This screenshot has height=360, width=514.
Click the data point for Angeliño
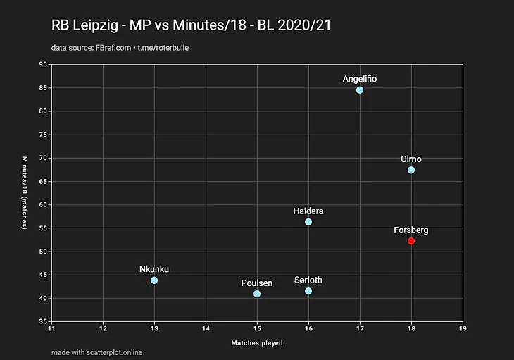[360, 90]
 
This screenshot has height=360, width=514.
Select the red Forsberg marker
[411, 241]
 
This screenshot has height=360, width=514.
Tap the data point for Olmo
[411, 170]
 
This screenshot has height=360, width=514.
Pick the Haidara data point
[308, 222]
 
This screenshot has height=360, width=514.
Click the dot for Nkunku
[154, 280]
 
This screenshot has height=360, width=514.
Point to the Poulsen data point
[257, 294]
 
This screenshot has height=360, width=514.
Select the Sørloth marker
[308, 291]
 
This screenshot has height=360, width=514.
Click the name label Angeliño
[360, 79]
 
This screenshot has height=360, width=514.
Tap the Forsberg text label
[411, 230]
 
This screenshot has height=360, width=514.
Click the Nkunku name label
[154, 269]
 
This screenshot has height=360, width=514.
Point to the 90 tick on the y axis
[44, 65]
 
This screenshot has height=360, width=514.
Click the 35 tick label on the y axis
[44, 322]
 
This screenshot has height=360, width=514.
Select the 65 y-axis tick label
[44, 182]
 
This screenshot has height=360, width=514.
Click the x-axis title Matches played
[257, 343]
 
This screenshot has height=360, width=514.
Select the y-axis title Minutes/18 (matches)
[24, 193]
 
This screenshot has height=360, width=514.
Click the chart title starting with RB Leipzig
[192, 25]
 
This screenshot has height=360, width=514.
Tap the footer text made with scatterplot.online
[96, 352]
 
